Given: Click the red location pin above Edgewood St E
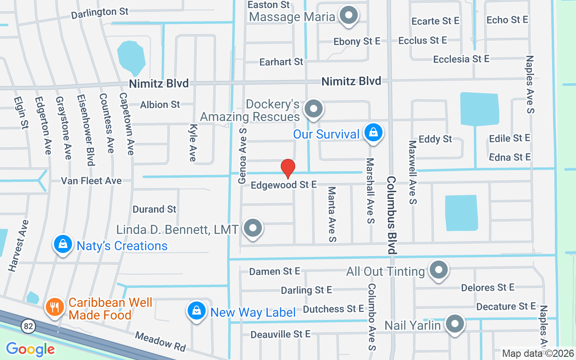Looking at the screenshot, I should tap(288, 168).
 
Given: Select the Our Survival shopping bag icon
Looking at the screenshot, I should tap(373, 132).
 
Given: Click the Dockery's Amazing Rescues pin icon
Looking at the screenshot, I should tap(313, 109).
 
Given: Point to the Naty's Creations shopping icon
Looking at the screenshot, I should tap(63, 244).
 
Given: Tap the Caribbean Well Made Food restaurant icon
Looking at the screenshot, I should tap(55, 307).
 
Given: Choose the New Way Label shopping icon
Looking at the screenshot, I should tap(196, 310).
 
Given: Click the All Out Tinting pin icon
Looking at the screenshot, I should tap(438, 270).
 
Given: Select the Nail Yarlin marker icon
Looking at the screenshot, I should tap(455, 324).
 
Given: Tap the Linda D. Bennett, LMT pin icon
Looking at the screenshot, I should tap(253, 228).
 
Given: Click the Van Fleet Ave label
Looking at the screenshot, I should tap(91, 181).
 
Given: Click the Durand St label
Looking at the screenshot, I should tap(154, 209).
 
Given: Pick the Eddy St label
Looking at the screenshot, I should tap(435, 139).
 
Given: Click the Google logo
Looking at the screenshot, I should tap(30, 349).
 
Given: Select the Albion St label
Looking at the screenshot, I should tap(160, 104).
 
